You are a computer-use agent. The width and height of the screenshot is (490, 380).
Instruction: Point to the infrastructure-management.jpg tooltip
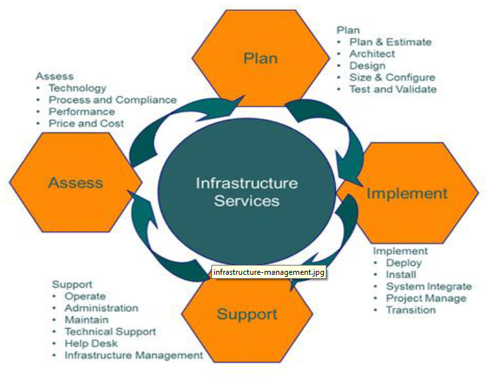point(269,272)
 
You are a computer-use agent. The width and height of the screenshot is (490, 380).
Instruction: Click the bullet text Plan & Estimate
point(390,42)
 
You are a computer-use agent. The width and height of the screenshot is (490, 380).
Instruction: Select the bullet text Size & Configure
point(392,77)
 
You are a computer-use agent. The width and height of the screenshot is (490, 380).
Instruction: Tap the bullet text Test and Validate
point(393,89)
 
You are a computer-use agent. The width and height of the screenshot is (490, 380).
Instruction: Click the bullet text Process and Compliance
point(112,100)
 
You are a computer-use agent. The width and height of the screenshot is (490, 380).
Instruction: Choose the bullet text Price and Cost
point(86,123)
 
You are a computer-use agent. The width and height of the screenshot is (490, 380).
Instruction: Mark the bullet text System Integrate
point(429,286)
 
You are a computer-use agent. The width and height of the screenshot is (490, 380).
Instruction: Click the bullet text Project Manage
point(426,298)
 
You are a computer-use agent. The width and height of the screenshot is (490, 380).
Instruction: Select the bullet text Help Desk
point(91,343)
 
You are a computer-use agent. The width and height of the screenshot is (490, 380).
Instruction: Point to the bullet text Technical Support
point(110,331)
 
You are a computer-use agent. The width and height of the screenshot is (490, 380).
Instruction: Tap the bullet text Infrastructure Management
point(134,355)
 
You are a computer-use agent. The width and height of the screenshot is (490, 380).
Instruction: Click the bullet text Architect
point(372,54)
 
